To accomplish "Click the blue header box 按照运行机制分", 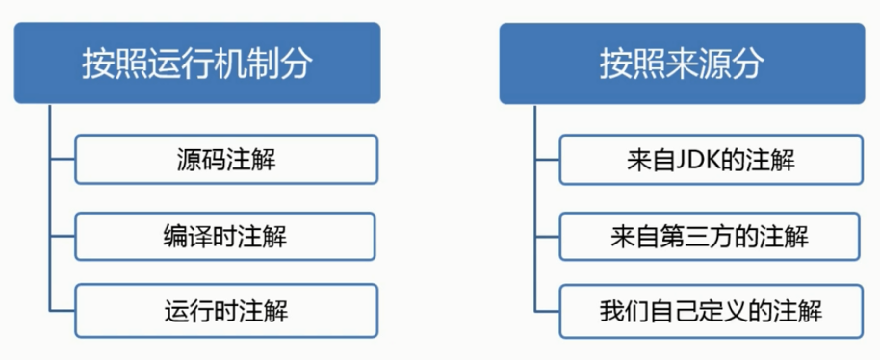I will pyautogui.click(x=196, y=64).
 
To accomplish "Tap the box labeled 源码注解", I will pyautogui.click(x=226, y=160).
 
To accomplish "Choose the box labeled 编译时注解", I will pyautogui.click(x=226, y=235).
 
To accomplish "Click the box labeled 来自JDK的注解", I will pyautogui.click(x=710, y=160).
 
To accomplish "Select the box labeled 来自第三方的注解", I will pyautogui.click(x=710, y=235).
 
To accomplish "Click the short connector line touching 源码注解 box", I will pyautogui.click(x=62, y=160).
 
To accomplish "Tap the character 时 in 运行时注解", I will pyautogui.click(x=226, y=311).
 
